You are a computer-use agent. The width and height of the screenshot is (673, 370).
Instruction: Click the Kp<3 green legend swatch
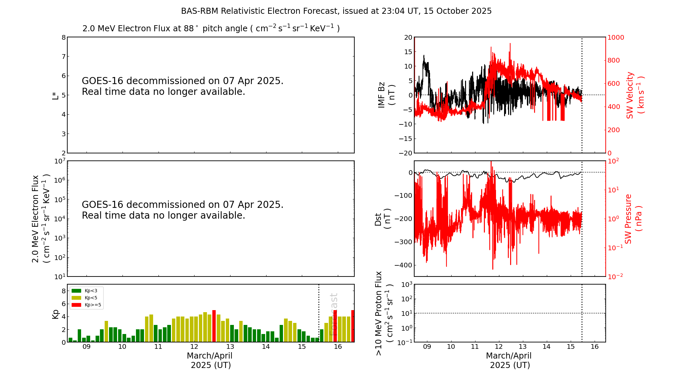[x=76, y=291]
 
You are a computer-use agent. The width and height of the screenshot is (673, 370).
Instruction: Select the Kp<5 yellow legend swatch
[x=76, y=298]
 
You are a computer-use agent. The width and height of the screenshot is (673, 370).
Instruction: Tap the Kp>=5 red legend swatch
[x=76, y=305]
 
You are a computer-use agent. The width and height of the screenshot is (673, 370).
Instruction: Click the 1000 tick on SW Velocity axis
[x=615, y=37]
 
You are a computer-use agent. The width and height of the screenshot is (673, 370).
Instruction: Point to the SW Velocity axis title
[x=635, y=95]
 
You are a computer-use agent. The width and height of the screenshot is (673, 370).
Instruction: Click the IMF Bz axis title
[x=386, y=95]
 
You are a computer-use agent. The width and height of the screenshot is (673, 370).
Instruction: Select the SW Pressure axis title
[x=633, y=219]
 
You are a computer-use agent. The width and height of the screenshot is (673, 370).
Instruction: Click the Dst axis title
[x=382, y=219]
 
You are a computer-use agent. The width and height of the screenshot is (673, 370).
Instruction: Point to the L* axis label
[x=56, y=95]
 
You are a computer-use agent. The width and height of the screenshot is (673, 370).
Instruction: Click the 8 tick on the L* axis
[x=64, y=37]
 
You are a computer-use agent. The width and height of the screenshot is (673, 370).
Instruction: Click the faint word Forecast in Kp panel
[x=333, y=314]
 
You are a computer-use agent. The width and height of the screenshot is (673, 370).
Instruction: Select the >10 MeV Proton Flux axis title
[x=384, y=313]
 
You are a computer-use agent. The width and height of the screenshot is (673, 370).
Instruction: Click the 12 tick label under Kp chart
[x=194, y=347]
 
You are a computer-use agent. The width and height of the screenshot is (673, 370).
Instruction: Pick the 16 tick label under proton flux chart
[x=595, y=347]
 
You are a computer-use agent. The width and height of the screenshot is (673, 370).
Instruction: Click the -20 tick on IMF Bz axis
[x=405, y=153]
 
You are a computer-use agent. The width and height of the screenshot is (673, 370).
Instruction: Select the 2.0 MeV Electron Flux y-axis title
[x=40, y=219]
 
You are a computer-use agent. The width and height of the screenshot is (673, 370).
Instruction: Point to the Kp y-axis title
[x=56, y=314]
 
